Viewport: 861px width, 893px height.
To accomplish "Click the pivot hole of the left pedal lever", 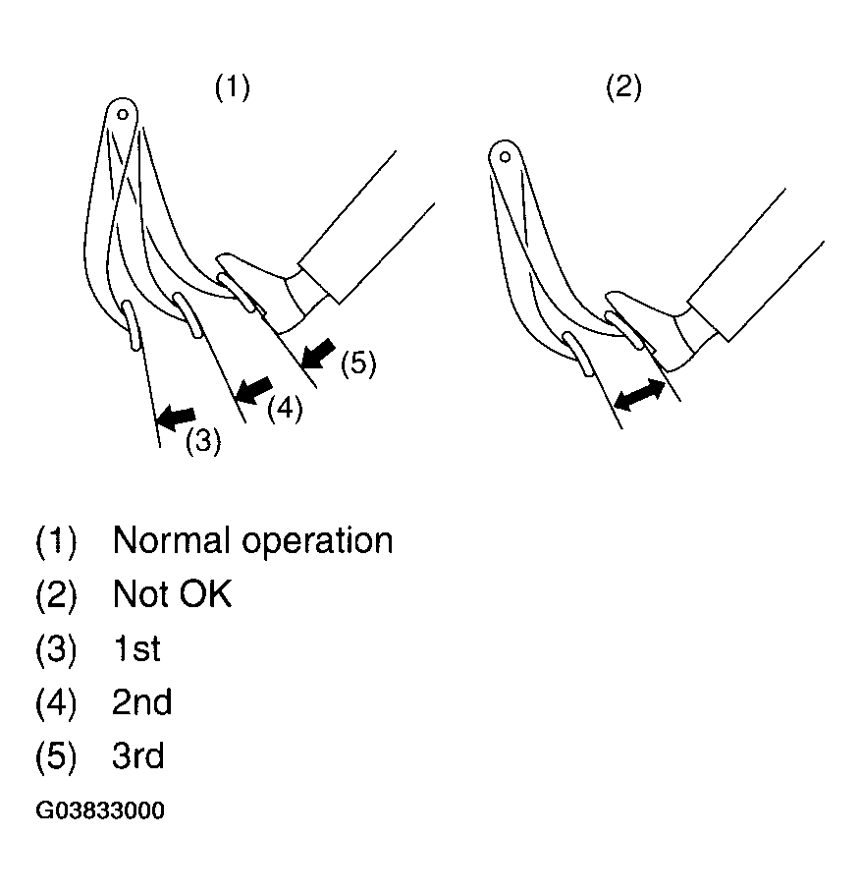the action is [123, 115].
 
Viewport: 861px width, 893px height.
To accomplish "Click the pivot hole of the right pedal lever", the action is [505, 156].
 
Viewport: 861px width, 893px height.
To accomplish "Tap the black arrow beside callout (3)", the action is [176, 418].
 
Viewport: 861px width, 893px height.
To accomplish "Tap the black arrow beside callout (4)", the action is [253, 390].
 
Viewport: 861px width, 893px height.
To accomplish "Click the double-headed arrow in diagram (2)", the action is [640, 395].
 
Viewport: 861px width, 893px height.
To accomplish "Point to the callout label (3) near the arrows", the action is [203, 441].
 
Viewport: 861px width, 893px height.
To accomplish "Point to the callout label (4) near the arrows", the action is [285, 409].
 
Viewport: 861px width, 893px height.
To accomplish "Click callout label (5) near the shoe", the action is [358, 363].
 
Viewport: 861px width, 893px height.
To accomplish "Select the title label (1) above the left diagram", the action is [232, 87].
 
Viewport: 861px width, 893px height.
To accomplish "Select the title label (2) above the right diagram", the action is [623, 87].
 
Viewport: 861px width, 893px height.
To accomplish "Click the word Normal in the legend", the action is [174, 539].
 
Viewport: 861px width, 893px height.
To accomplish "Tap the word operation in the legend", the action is [317, 541].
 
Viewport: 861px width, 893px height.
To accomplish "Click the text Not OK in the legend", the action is [173, 594].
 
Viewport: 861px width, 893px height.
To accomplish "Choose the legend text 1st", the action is [136, 648].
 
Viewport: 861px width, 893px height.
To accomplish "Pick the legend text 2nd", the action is [141, 701].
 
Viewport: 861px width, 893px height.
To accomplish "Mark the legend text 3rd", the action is [138, 755].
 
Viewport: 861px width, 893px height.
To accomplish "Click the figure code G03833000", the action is [100, 810].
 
